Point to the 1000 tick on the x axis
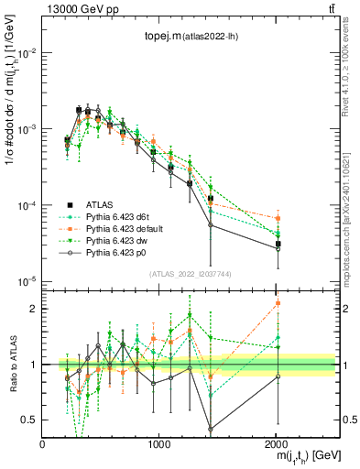click(x=159, y=443)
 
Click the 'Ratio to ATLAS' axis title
click(x=10, y=364)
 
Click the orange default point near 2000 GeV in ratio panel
click(x=278, y=303)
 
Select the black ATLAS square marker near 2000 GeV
click(x=278, y=244)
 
